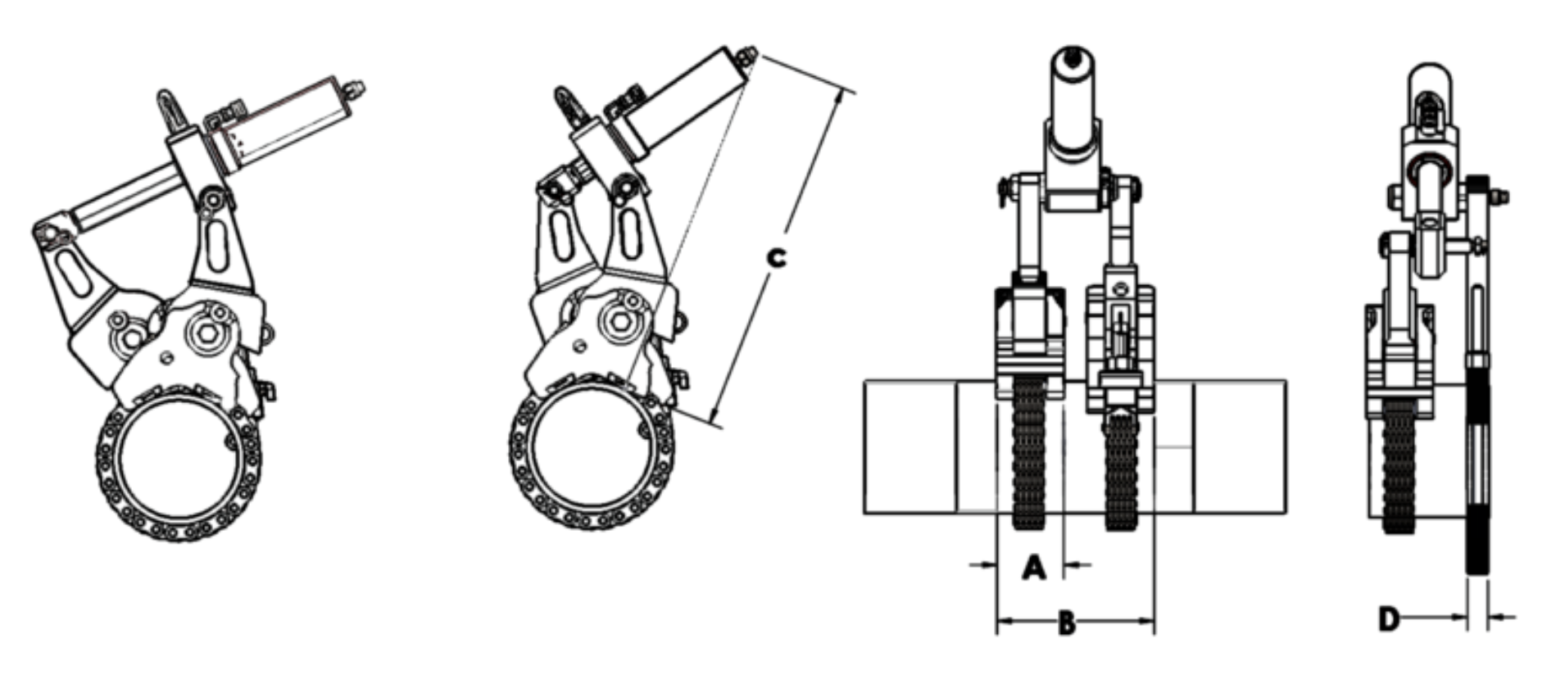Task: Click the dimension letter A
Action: click(1035, 567)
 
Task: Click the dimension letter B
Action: click(1066, 623)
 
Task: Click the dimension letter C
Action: click(775, 257)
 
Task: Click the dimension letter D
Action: click(1389, 618)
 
